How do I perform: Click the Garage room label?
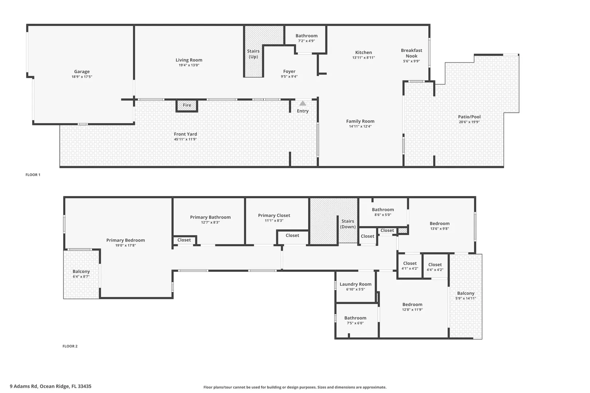(x=82, y=71)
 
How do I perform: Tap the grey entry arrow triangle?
(x=303, y=103)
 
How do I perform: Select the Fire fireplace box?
(x=187, y=106)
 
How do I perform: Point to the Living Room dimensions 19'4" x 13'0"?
(x=189, y=65)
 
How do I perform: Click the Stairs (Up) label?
(x=253, y=54)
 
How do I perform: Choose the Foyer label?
(x=289, y=71)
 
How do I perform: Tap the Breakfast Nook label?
(x=412, y=53)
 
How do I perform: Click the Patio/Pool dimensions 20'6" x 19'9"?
(x=469, y=122)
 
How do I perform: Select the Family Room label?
(x=360, y=121)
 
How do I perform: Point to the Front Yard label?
(x=185, y=134)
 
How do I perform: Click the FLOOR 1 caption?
(x=33, y=175)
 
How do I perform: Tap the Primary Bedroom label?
(x=126, y=240)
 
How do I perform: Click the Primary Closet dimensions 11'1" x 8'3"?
(x=274, y=221)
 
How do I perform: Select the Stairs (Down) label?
(x=348, y=224)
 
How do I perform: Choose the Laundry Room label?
(x=355, y=284)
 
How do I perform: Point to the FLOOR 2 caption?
(x=70, y=346)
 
